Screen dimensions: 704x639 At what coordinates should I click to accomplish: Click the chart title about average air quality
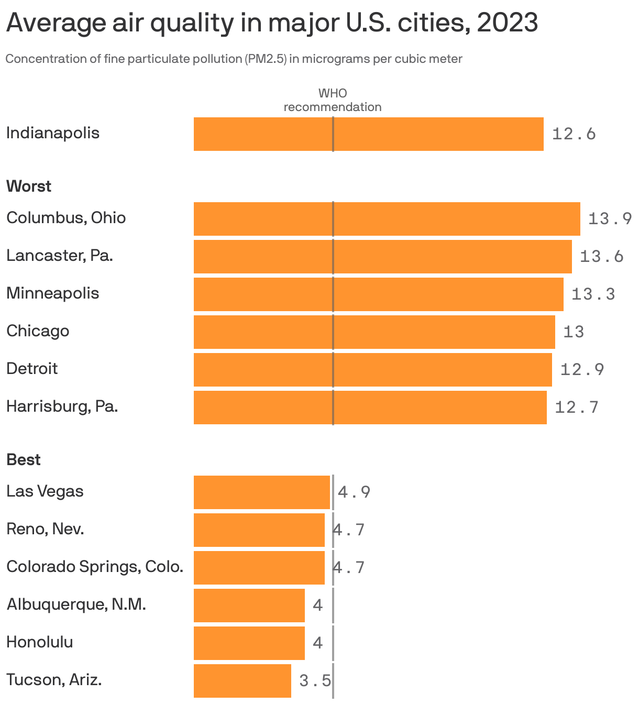tap(272, 23)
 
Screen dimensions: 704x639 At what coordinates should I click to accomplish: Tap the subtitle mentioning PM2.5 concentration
tap(234, 59)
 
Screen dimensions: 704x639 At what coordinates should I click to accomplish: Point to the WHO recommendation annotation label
tap(333, 100)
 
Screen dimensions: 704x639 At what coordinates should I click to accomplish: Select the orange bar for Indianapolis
tap(368, 134)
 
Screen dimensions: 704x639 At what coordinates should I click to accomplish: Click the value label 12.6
tap(574, 134)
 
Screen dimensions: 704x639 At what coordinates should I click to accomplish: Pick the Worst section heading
tap(29, 186)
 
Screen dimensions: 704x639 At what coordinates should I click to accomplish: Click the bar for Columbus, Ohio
tap(387, 219)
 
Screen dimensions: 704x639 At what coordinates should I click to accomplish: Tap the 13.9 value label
tap(610, 219)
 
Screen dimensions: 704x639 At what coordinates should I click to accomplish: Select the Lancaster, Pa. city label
tap(60, 256)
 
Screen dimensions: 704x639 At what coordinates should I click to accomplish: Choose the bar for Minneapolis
tap(378, 294)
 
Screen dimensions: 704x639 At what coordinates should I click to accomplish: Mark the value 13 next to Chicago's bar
tap(573, 332)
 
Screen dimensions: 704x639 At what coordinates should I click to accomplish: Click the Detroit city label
tap(32, 369)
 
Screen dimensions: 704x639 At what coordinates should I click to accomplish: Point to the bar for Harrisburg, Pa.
tap(370, 408)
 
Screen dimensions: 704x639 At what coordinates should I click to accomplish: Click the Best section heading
tap(24, 460)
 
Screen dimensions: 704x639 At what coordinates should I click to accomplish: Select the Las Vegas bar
tap(261, 492)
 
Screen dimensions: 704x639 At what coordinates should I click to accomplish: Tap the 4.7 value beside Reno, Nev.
tap(349, 530)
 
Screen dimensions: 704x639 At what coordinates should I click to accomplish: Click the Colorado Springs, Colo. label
tap(95, 567)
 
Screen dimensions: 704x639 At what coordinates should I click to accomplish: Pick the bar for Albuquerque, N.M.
tap(249, 606)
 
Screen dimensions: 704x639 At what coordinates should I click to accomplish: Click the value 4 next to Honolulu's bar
tap(317, 643)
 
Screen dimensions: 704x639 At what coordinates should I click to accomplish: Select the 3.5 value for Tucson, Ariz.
tap(315, 681)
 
